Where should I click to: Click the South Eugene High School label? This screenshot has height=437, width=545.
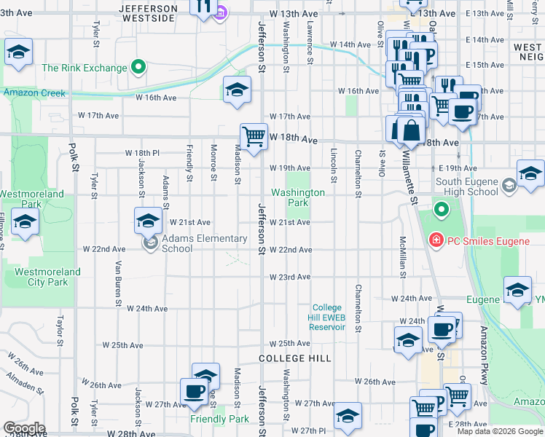coord(477,186)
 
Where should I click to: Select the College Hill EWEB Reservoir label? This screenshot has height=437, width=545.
coord(329,318)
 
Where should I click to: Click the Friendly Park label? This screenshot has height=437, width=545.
coord(219,420)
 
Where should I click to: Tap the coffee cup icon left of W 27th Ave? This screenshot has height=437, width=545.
coord(194,391)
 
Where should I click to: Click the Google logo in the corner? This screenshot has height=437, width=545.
coord(24,428)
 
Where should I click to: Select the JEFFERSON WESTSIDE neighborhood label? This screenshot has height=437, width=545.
coord(149,13)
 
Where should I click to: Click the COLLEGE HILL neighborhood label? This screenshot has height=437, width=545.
coord(295,359)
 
